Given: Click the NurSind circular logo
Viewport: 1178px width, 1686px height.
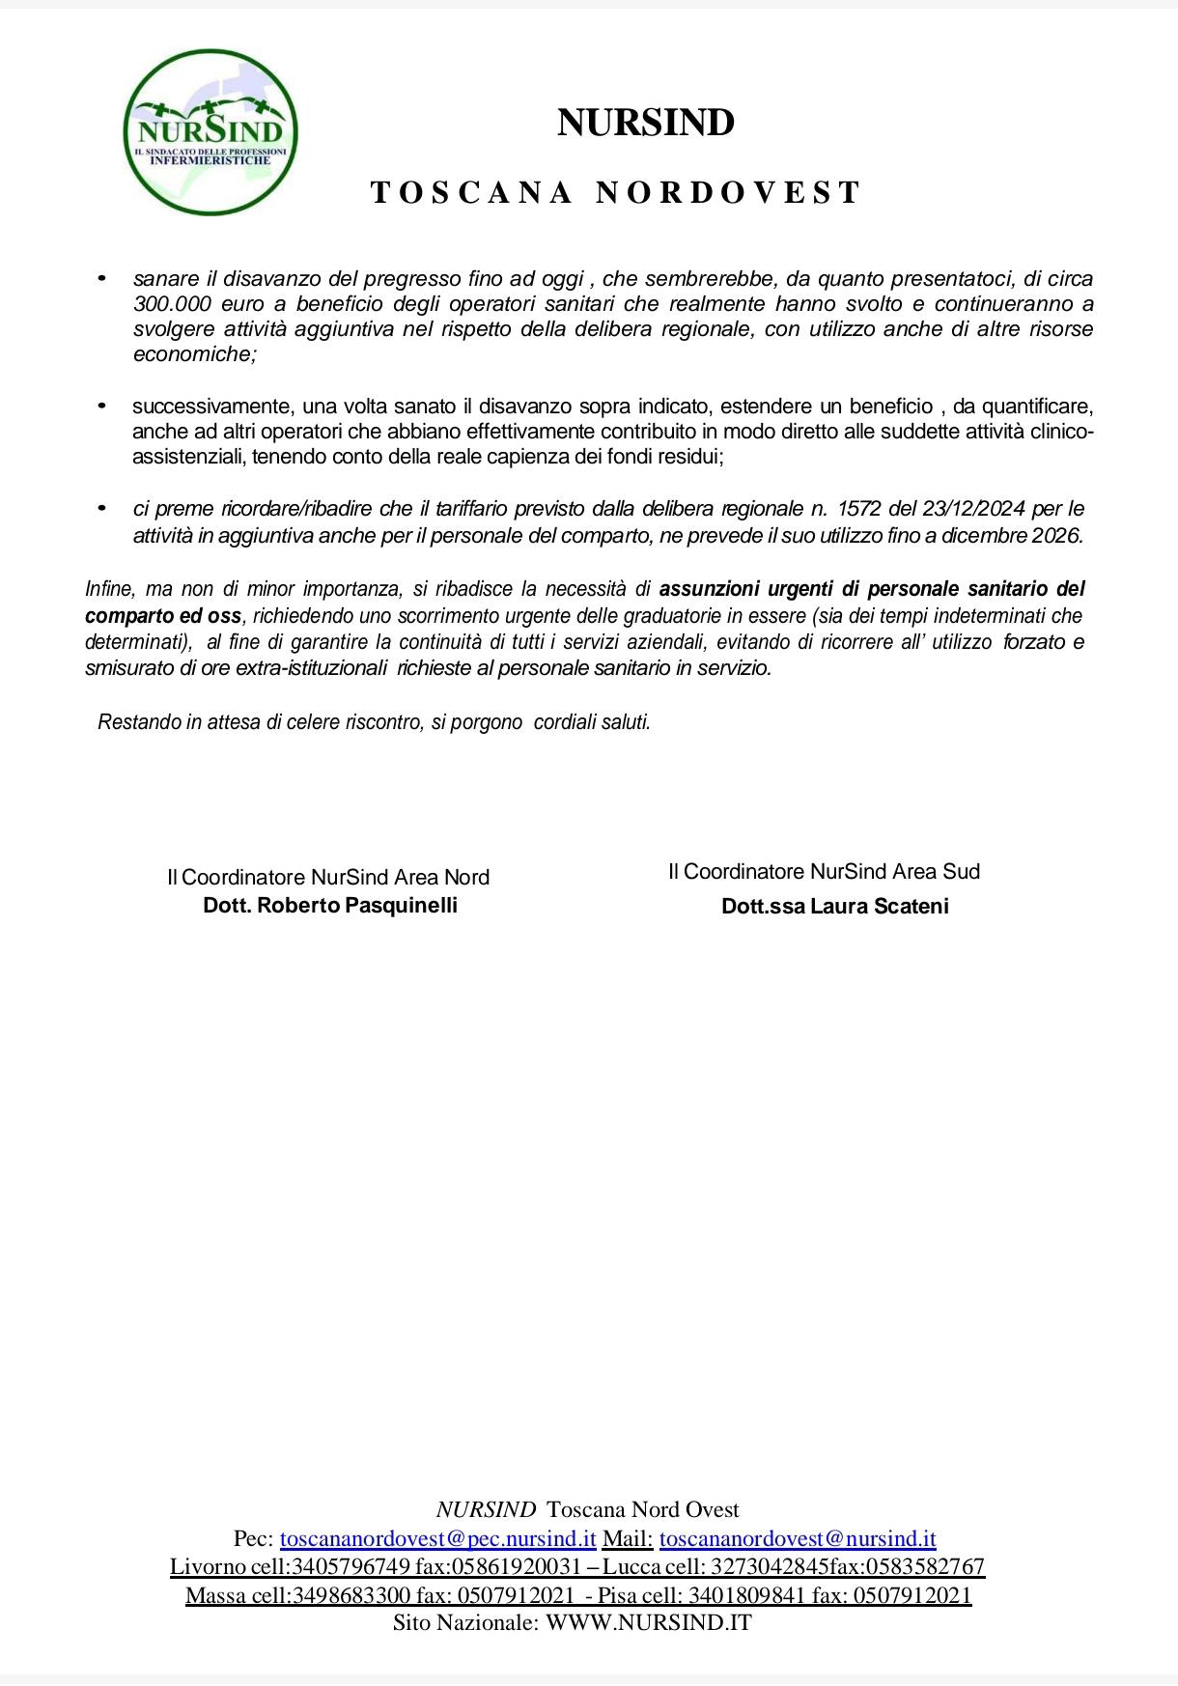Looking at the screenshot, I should (x=210, y=132).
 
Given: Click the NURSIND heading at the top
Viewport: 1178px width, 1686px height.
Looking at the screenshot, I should (x=646, y=123).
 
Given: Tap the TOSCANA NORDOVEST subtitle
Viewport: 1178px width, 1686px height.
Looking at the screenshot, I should (x=616, y=192).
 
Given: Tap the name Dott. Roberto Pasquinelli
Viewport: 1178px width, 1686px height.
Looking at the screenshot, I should (x=330, y=905).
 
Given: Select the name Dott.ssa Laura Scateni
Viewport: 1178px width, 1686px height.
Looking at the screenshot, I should (x=834, y=906).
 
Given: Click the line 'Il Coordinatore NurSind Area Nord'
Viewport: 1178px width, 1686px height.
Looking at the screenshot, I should (x=328, y=877).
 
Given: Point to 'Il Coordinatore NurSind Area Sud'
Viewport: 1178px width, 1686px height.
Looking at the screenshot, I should (x=824, y=871).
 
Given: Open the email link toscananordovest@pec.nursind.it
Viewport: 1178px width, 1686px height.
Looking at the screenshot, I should (x=437, y=1538).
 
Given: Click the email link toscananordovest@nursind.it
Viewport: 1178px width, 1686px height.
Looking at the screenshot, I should (x=798, y=1538).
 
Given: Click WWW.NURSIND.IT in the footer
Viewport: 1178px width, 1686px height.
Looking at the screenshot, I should (x=648, y=1622).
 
